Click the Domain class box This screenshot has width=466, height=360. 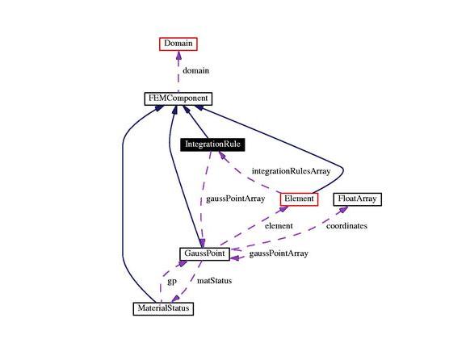tap(178, 44)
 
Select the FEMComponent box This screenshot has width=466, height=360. tap(178, 98)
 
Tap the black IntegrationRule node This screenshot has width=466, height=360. tap(212, 144)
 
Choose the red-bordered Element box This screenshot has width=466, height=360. tap(299, 199)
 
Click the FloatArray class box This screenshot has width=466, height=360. tap(357, 199)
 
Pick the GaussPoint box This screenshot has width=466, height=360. tap(205, 254)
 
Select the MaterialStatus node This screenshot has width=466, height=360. tap(163, 308)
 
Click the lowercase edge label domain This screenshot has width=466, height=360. tap(196, 71)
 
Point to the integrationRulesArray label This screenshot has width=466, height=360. tap(292, 171)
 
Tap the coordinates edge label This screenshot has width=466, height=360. tap(346, 226)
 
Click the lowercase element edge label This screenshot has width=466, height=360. tap(279, 226)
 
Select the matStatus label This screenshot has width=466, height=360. tap(215, 281)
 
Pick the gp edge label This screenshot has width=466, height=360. tap(172, 281)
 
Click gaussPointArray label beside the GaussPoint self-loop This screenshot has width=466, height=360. tap(279, 253)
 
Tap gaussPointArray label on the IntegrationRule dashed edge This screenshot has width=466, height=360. tap(236, 199)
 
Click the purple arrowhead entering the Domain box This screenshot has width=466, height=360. tap(178, 55)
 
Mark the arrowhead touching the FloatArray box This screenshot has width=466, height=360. tap(343, 209)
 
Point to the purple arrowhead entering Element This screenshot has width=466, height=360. tap(283, 209)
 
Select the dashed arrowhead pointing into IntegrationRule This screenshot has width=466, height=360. tap(222, 155)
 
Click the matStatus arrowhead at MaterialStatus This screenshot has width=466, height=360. tap(175, 299)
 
